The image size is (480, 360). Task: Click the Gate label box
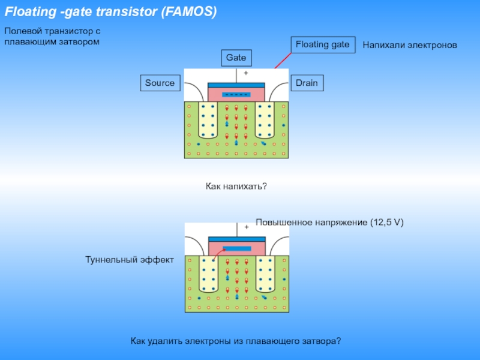click(x=236, y=58)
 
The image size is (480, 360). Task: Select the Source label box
click(x=160, y=83)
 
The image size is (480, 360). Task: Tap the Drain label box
click(x=307, y=83)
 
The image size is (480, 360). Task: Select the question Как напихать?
click(x=236, y=187)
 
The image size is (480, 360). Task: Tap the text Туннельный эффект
click(x=130, y=260)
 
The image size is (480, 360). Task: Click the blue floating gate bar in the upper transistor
click(x=236, y=95)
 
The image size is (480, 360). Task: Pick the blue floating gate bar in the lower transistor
click(x=236, y=248)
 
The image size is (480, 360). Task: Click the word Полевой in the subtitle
click(x=21, y=31)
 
